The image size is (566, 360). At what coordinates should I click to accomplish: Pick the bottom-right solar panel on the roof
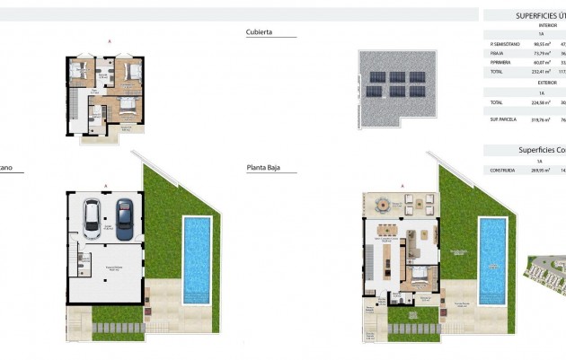click(x=415, y=91)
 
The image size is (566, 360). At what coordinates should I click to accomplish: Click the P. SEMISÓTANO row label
click(x=503, y=43)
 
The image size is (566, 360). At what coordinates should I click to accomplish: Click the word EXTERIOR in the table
click(x=541, y=83)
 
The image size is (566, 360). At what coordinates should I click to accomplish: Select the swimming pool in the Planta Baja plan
click(x=491, y=259)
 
